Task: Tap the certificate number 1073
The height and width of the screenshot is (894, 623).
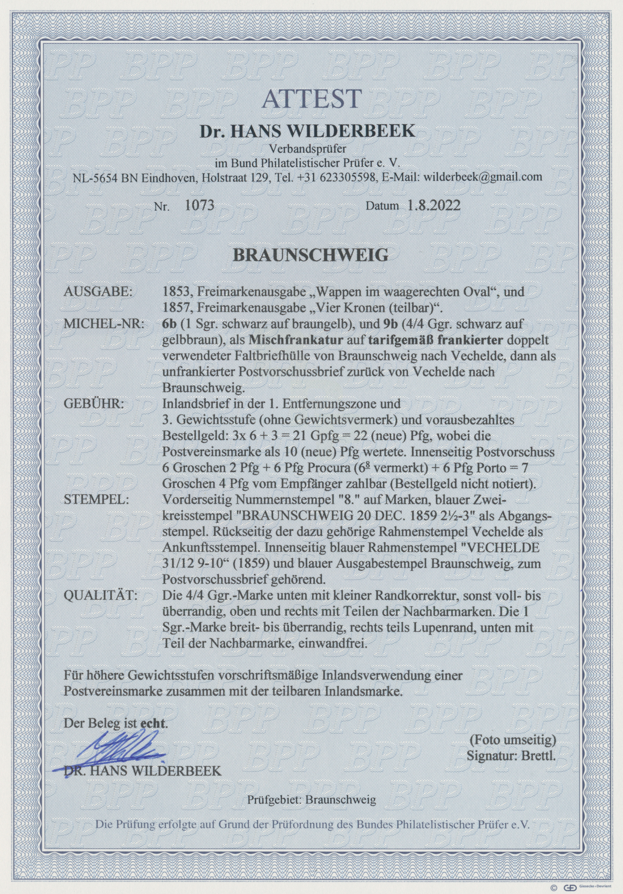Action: [x=200, y=205]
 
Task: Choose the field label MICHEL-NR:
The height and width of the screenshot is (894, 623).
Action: [x=104, y=324]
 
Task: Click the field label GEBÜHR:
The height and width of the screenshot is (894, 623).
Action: [x=93, y=404]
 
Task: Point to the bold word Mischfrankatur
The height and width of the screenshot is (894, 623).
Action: [x=296, y=340]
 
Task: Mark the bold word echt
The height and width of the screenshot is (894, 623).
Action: [x=153, y=724]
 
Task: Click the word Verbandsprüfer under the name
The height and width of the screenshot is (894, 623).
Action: [x=310, y=148]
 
